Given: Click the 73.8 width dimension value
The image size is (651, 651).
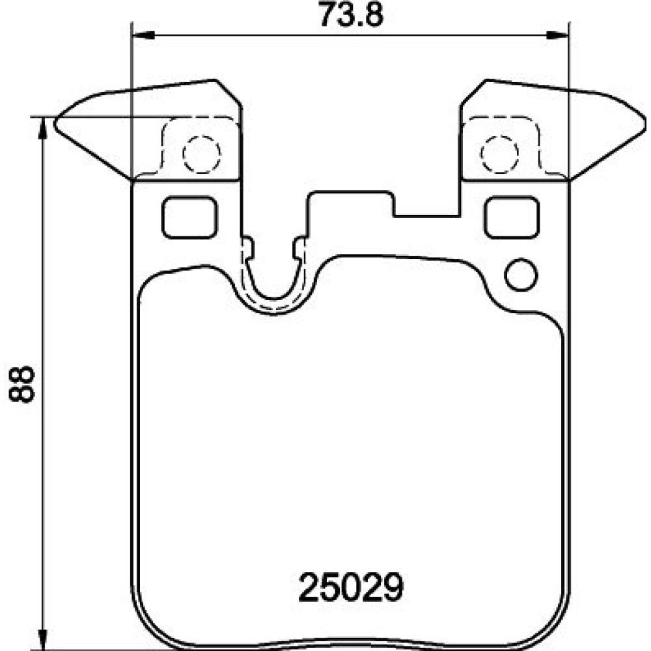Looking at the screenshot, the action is click(352, 14).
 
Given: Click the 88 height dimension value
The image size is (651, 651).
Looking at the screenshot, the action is click(21, 384).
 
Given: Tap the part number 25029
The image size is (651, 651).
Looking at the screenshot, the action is click(351, 587).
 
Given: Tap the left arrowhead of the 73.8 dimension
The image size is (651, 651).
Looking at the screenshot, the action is click(144, 36).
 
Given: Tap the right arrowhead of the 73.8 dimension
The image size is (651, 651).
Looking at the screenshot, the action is click(557, 36).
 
